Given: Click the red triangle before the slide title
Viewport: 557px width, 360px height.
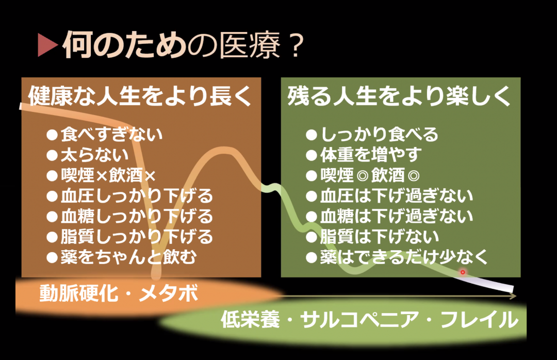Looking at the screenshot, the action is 47,45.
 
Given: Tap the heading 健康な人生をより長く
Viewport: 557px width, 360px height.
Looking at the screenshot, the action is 140,96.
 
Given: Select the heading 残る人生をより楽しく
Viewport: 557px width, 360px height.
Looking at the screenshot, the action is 399,96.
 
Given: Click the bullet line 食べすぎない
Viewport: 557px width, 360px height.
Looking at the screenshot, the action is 105,134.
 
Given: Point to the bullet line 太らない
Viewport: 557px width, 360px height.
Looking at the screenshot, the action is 88,155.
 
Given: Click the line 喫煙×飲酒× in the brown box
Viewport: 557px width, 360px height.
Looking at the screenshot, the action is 101,175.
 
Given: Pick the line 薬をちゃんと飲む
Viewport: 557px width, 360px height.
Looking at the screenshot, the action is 122,257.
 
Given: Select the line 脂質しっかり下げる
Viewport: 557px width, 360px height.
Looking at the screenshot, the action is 129,237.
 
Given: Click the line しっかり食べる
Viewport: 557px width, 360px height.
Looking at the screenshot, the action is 372,134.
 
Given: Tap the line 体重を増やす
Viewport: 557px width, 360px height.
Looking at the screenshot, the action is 364,155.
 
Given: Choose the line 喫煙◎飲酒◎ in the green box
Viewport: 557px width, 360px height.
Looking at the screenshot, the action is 363,175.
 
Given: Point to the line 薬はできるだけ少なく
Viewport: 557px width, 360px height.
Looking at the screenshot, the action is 397,257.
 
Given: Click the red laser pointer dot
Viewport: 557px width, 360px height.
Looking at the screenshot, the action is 463,272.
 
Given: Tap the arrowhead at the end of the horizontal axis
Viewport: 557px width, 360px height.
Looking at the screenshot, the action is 513,296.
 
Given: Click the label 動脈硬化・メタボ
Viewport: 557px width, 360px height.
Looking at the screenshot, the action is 119,294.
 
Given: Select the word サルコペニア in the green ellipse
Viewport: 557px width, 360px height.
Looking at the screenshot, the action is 359,319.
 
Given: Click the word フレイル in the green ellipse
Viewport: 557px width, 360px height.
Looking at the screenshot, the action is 480,319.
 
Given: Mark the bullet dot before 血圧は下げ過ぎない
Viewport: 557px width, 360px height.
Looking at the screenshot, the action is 311,196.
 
